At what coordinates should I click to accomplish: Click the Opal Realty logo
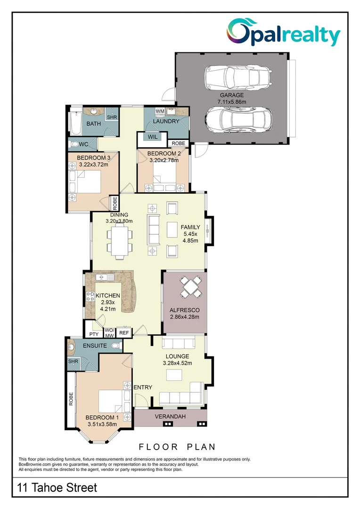pyautogui.click(x=283, y=33)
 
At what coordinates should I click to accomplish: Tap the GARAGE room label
pyautogui.click(x=231, y=95)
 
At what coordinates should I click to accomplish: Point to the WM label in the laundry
pyautogui.click(x=160, y=111)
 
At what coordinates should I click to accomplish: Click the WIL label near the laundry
pyautogui.click(x=153, y=137)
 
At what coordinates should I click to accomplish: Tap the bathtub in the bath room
pyautogui.click(x=74, y=122)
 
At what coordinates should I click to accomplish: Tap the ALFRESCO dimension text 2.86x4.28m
pyautogui.click(x=185, y=317)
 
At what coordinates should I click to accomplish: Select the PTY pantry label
pyautogui.click(x=93, y=334)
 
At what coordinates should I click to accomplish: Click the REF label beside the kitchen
pyautogui.click(x=124, y=333)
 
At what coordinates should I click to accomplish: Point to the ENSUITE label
pyautogui.click(x=95, y=345)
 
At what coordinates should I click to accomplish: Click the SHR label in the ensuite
pyautogui.click(x=73, y=361)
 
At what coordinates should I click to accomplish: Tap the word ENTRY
pyautogui.click(x=143, y=387)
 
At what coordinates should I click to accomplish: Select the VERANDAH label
pyautogui.click(x=171, y=417)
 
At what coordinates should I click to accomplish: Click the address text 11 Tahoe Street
pyautogui.click(x=57, y=487)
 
